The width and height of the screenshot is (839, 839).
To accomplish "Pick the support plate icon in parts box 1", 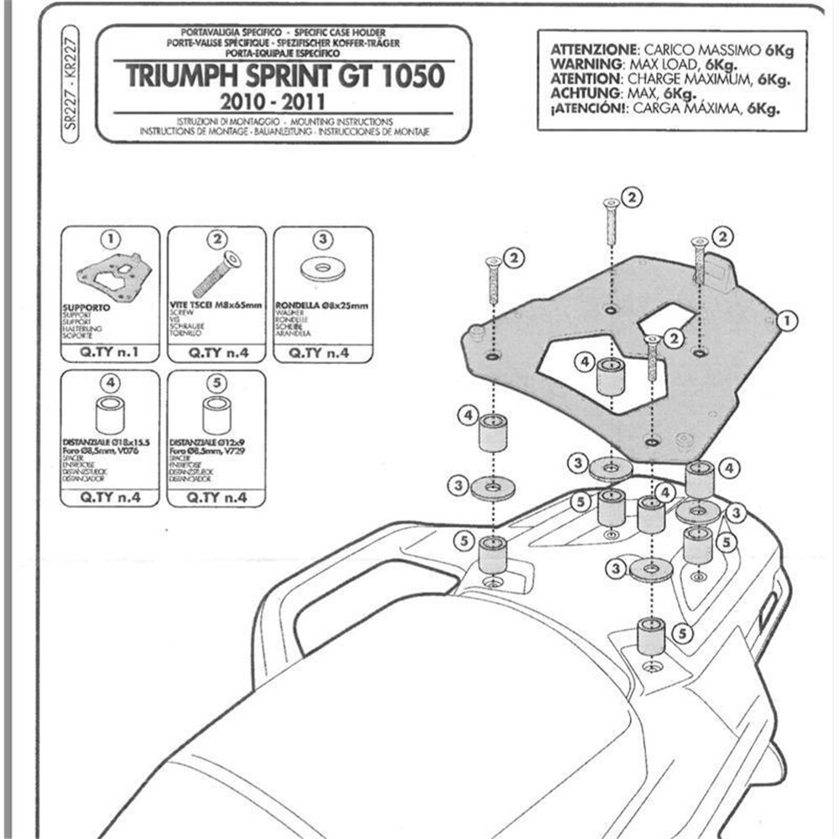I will coord(110,277).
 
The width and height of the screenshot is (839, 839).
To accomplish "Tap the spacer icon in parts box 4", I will coord(110,414).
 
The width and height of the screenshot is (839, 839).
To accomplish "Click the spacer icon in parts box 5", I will coord(216,414).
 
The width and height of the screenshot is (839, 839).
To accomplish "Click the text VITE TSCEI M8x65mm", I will coord(216,307).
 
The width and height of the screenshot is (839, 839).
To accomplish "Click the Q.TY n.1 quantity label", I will coord(110,353).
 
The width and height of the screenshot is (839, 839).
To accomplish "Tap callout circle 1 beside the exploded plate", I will coord(786,320).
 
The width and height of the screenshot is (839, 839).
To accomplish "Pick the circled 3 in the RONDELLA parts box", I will coord(323,238).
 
